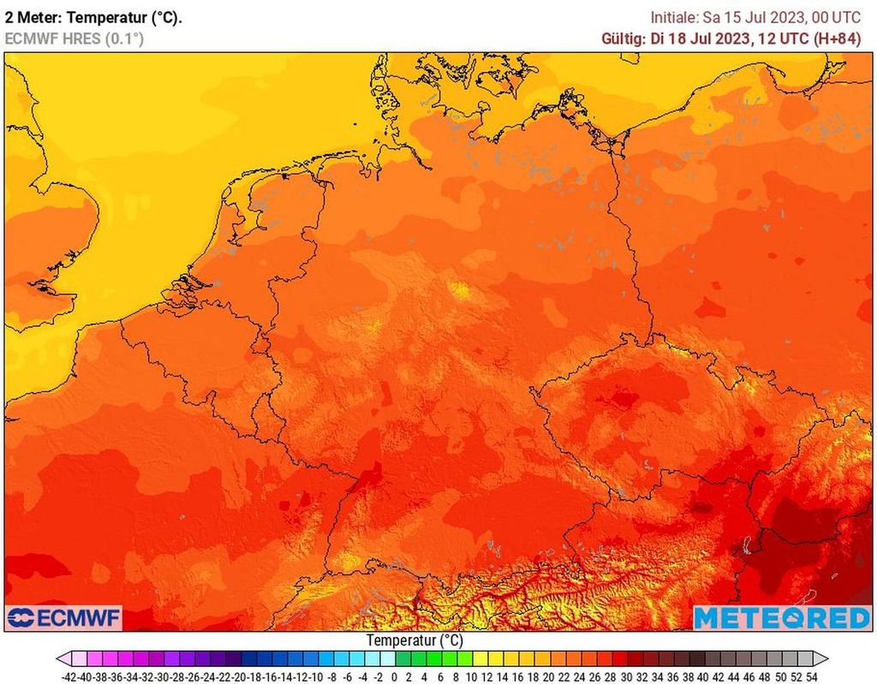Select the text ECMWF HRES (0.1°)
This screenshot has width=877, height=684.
[75, 39]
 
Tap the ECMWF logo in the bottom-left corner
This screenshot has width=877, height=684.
[64, 617]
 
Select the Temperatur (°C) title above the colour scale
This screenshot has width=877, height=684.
[415, 640]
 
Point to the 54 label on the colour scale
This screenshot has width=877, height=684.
[811, 676]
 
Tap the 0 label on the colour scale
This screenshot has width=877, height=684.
[394, 676]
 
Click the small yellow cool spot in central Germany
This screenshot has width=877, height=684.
[462, 292]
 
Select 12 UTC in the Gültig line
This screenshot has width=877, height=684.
[771, 39]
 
